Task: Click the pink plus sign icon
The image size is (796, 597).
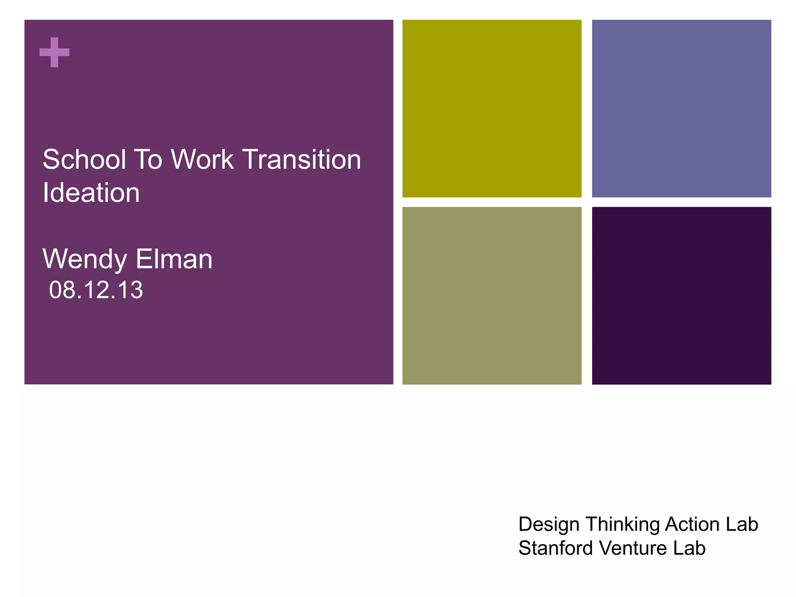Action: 54,52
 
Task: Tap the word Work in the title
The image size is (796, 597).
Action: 202,160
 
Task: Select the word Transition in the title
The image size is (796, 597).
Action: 302,160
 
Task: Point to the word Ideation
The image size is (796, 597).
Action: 91,193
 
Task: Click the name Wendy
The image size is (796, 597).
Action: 84,259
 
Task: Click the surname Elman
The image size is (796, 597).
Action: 174,259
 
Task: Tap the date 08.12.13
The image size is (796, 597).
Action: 96,290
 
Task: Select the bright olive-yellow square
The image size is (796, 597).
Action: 492,108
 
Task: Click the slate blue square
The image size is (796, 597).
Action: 681,108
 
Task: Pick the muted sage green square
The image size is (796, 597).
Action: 492,295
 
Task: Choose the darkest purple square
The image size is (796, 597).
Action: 681,295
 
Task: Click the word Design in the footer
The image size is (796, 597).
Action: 549,524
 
